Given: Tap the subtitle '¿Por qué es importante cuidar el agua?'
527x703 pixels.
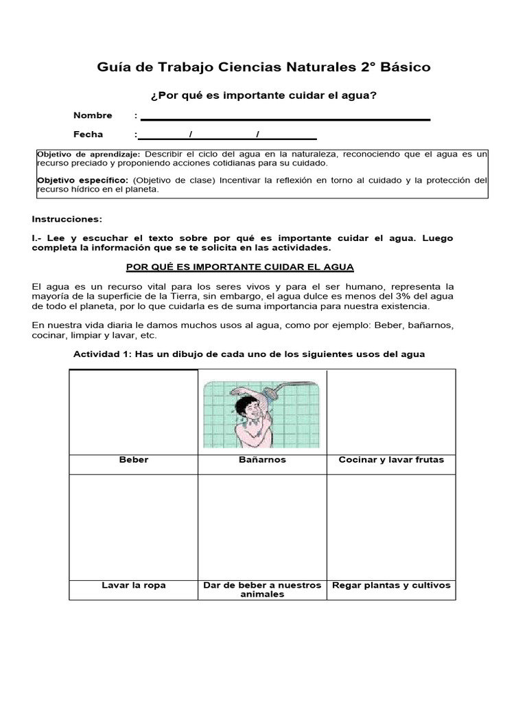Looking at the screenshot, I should (263, 95).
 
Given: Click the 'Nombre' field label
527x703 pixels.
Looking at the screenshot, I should (93, 115).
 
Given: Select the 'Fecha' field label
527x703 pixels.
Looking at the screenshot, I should (88, 135).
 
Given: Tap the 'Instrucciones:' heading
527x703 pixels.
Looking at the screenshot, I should (67, 219).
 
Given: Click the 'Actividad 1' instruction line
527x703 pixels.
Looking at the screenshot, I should (249, 354).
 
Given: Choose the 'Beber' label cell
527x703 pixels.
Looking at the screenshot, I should (133, 460).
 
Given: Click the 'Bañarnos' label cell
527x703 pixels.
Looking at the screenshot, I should (262, 460).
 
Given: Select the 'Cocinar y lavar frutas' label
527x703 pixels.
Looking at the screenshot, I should (391, 460).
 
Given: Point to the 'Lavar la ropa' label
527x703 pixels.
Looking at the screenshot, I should (133, 586).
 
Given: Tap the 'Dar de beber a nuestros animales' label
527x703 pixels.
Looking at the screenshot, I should (262, 590).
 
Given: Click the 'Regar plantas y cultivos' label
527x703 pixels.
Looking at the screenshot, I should (391, 586).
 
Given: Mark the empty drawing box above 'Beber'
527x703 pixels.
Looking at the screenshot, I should (133, 411).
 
